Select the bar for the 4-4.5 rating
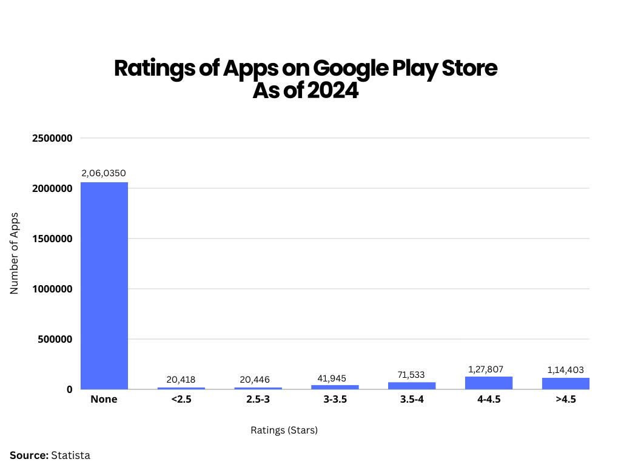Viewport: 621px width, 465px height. tap(489, 383)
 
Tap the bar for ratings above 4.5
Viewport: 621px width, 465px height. tap(565, 384)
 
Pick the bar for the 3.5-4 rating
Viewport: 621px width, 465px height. tap(412, 386)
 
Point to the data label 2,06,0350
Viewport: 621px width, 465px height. tap(104, 173)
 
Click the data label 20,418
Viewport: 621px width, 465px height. tap(181, 380)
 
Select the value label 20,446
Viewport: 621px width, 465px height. tap(258, 380)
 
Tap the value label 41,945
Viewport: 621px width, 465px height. tap(335, 377)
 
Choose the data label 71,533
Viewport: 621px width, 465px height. tap(412, 374)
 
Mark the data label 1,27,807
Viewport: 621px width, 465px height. tap(489, 369)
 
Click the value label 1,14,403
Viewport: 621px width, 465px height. tap(565, 370)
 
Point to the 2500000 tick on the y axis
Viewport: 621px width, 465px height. tap(52, 138)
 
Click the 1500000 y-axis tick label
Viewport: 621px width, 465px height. tap(52, 239)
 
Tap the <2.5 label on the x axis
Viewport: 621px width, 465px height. tap(181, 400)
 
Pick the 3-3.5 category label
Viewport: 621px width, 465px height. tap(335, 400)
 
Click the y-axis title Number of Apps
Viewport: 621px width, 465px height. tap(15, 254)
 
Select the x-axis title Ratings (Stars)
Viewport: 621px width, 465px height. tap(284, 430)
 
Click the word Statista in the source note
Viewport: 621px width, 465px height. tap(70, 455)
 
